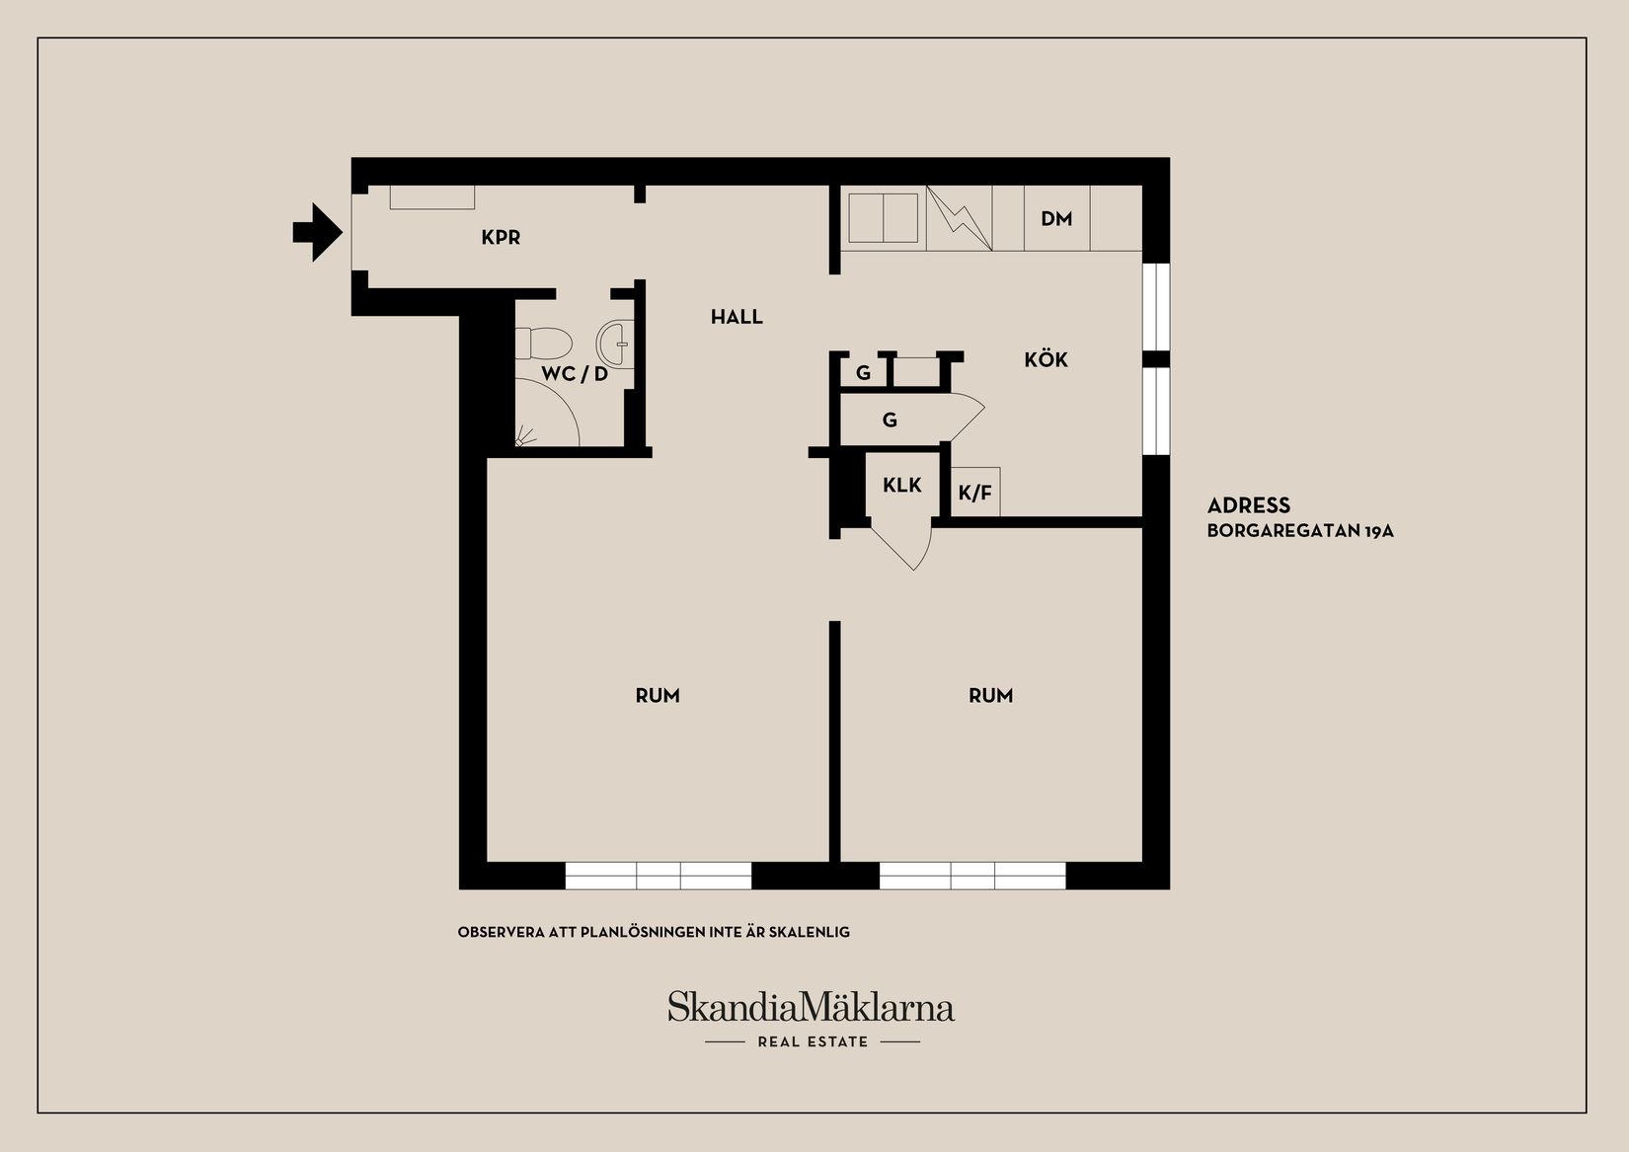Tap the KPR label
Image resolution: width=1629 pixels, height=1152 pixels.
tap(501, 238)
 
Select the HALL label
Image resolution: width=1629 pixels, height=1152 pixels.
tap(737, 317)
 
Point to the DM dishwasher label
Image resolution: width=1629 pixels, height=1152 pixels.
tap(1056, 219)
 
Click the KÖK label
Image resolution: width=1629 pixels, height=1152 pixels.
tap(1046, 359)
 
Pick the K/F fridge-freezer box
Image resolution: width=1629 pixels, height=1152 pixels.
tap(975, 492)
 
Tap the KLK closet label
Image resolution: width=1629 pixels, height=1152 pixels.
tap(901, 485)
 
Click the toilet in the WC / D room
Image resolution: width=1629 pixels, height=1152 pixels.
tap(544, 344)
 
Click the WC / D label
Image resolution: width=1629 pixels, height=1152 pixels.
tap(575, 374)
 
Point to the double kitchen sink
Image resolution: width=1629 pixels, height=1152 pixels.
tap(884, 218)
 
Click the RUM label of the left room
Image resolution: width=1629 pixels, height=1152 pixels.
tap(658, 696)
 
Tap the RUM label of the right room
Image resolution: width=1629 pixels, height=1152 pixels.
tap(990, 696)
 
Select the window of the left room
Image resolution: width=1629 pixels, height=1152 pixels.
tap(659, 876)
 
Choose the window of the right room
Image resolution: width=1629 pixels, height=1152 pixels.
tap(972, 876)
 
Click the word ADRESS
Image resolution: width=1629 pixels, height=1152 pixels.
tap(1249, 505)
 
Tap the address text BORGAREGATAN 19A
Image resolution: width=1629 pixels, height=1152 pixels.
tap(1300, 531)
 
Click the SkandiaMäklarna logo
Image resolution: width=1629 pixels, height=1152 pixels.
tap(811, 1008)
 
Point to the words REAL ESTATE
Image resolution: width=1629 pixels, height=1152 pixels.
tap(813, 1041)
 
